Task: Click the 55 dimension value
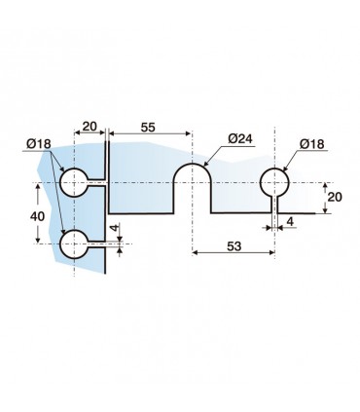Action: coord(148,128)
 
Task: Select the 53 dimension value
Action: coord(234,246)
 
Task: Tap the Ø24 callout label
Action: coord(240,139)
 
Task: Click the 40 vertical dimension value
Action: coord(37,216)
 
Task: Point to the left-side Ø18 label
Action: coord(39,143)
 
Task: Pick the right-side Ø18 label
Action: coord(311,144)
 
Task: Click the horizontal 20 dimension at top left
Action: coord(90,126)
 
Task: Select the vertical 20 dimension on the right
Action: coord(335,197)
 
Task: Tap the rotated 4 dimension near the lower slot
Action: coord(116,228)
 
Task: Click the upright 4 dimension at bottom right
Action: coord(290,222)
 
